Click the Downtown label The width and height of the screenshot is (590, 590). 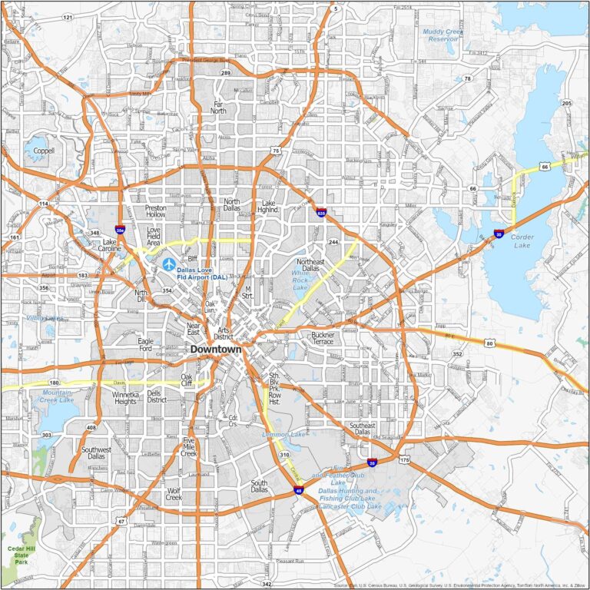coord(215,349)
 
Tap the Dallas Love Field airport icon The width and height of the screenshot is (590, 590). coord(169,264)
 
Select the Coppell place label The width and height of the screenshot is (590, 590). coord(44,151)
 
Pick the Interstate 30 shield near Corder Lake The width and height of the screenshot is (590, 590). coord(499,233)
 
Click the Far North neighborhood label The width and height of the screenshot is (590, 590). coord(219,107)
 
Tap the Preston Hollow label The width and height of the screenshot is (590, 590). coord(155,211)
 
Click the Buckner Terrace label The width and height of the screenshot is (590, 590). coord(323,338)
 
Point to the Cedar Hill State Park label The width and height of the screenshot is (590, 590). coord(16,552)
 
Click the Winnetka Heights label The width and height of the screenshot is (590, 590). coord(124,398)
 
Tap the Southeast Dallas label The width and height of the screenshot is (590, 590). coord(363,428)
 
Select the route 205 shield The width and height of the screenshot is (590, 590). coord(567,104)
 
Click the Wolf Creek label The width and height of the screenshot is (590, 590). coord(174,493)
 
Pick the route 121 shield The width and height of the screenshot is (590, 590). coord(68,17)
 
